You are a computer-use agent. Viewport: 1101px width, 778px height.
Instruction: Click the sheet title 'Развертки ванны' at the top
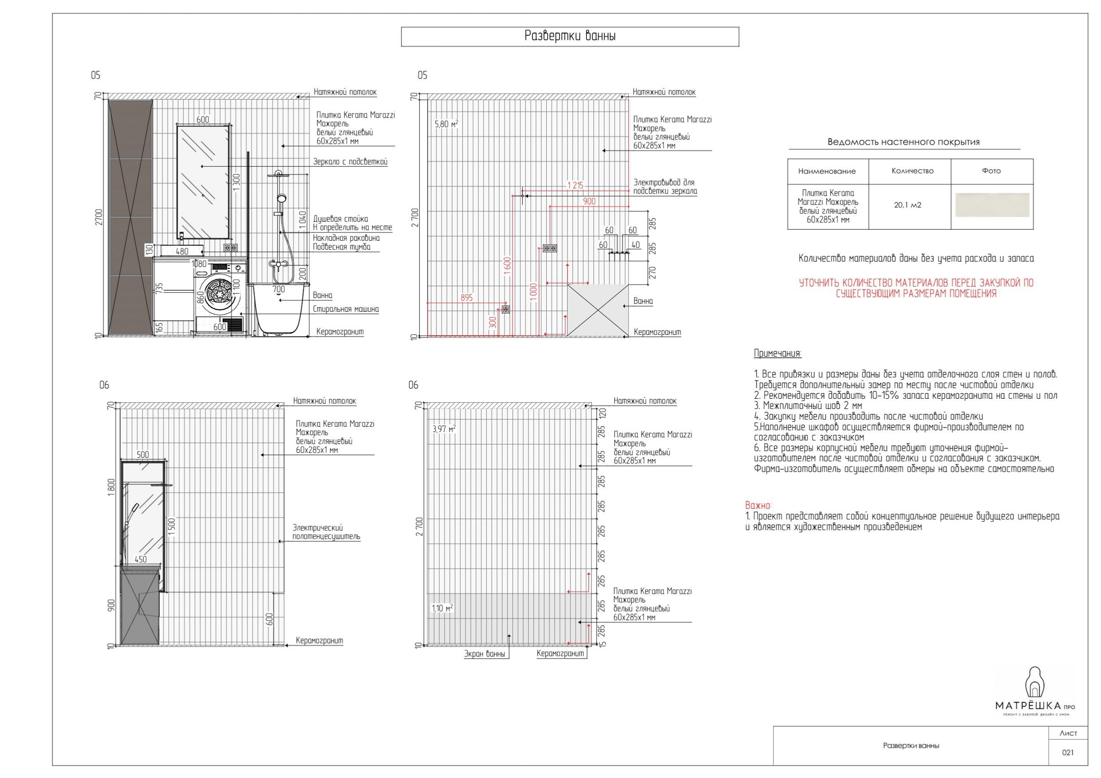[x=570, y=36]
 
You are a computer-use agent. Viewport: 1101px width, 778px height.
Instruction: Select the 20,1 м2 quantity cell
[x=907, y=205]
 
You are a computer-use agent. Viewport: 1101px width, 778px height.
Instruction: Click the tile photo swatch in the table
[x=992, y=205]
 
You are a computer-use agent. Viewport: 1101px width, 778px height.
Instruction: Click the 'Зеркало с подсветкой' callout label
[x=350, y=162]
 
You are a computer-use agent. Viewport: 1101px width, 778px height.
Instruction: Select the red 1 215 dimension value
[x=576, y=185]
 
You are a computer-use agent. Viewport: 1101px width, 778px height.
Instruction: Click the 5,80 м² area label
[x=446, y=124]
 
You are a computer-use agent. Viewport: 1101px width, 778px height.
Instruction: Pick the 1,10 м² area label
[x=442, y=608]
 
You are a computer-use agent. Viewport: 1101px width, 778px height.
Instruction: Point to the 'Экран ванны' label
[x=484, y=654]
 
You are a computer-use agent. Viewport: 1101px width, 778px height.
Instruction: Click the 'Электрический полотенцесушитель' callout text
[x=326, y=532]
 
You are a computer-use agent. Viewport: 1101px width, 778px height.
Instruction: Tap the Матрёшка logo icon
[x=1035, y=683]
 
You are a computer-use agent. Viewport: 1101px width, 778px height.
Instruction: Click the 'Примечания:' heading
[x=777, y=354]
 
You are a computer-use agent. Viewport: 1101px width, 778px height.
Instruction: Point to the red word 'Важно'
[x=758, y=506]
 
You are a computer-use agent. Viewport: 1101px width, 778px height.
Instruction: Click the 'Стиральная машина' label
[x=346, y=309]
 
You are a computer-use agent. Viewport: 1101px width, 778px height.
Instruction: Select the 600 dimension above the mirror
[x=203, y=120]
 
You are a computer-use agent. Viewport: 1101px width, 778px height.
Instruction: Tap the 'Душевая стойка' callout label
[x=340, y=219]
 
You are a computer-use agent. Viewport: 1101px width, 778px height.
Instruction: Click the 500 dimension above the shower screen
[x=143, y=455]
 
